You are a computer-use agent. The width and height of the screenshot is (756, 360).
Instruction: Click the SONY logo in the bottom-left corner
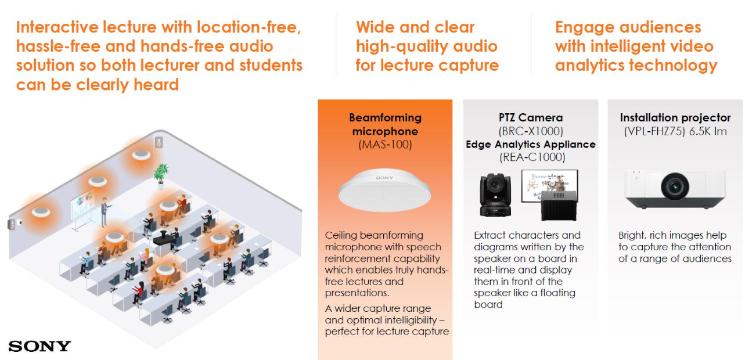click(39, 346)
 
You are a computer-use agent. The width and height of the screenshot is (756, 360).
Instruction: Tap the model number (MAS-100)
click(385, 145)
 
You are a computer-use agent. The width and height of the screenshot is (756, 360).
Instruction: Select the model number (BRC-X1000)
click(531, 131)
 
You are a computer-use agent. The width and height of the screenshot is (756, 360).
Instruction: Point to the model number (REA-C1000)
click(532, 157)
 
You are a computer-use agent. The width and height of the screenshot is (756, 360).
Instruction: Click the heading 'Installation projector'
click(675, 117)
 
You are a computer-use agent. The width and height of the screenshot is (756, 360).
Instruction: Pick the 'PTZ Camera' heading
click(531, 117)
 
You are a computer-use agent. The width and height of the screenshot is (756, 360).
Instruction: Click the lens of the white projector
click(675, 186)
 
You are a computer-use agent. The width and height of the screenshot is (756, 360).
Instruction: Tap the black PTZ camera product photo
click(495, 195)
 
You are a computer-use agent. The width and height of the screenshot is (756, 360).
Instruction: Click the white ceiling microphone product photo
click(385, 190)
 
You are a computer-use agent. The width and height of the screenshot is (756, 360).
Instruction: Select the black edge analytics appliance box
click(559, 206)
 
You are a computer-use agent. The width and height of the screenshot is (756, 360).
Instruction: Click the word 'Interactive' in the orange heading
click(57, 27)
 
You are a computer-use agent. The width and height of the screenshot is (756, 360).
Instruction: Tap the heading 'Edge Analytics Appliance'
click(531, 145)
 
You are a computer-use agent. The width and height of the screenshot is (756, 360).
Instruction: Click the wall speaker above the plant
click(159, 142)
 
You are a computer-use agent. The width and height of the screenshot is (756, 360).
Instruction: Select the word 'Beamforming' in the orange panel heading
click(385, 118)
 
